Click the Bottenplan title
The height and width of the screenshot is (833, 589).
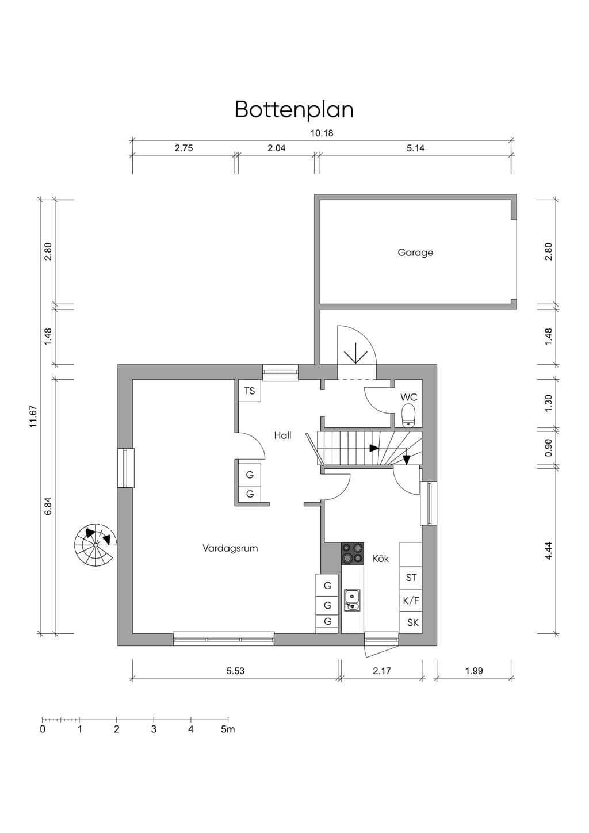pos(294,110)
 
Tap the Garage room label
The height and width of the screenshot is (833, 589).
pos(415,253)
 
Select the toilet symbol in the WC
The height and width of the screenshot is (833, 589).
pos(408,415)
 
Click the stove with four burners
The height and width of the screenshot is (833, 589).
pos(353,553)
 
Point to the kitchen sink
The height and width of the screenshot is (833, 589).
pos(352,600)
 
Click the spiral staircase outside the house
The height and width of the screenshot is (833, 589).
pos(95,545)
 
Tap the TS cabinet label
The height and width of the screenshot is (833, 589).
pos(250,391)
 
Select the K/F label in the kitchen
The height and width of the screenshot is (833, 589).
pos(411,601)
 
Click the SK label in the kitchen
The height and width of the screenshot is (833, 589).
pos(413,622)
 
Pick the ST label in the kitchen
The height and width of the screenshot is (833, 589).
pos(411,578)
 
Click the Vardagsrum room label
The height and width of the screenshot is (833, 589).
pos(230,548)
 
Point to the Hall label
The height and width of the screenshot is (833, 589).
pos(282,435)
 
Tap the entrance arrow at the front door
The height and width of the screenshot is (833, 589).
pos(356,353)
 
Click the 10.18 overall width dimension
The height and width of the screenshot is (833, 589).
pos(322,133)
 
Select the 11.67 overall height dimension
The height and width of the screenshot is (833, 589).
pos(34,416)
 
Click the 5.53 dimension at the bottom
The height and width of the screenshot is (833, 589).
pos(235,671)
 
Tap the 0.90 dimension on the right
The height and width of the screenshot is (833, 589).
pos(549,448)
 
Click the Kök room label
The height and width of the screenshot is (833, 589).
pos(381,559)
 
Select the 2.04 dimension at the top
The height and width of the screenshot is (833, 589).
pos(277,148)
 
